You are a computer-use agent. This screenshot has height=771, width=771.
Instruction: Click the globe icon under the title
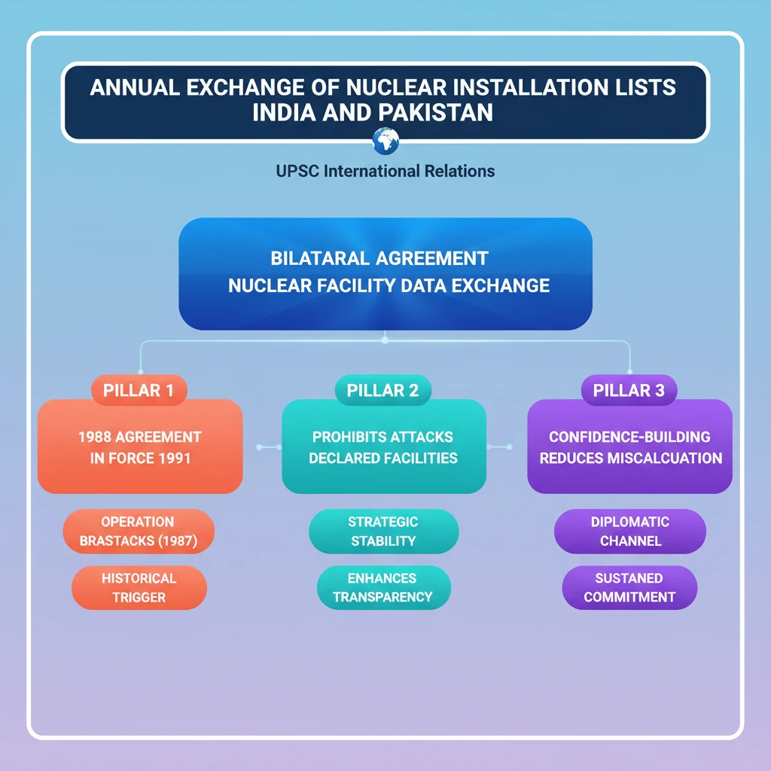click(x=385, y=140)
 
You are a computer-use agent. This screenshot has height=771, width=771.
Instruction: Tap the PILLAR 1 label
click(x=139, y=390)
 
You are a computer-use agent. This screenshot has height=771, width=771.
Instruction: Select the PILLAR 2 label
click(x=383, y=390)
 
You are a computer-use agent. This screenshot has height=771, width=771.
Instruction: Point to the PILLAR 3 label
click(x=629, y=390)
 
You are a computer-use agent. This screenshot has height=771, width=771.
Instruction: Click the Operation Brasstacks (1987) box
click(x=138, y=531)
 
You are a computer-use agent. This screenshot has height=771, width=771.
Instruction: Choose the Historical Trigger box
click(x=139, y=588)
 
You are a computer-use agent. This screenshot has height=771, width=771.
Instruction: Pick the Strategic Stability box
click(x=383, y=531)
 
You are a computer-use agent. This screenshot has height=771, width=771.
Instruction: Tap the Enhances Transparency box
click(x=383, y=588)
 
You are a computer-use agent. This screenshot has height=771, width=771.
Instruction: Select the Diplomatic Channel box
click(x=630, y=531)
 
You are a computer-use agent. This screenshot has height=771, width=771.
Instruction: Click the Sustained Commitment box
click(x=629, y=588)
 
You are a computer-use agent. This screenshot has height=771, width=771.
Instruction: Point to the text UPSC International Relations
click(x=385, y=171)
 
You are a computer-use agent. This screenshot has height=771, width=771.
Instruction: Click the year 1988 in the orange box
click(x=95, y=437)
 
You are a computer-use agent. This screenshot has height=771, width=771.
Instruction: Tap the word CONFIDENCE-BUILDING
click(x=629, y=437)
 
